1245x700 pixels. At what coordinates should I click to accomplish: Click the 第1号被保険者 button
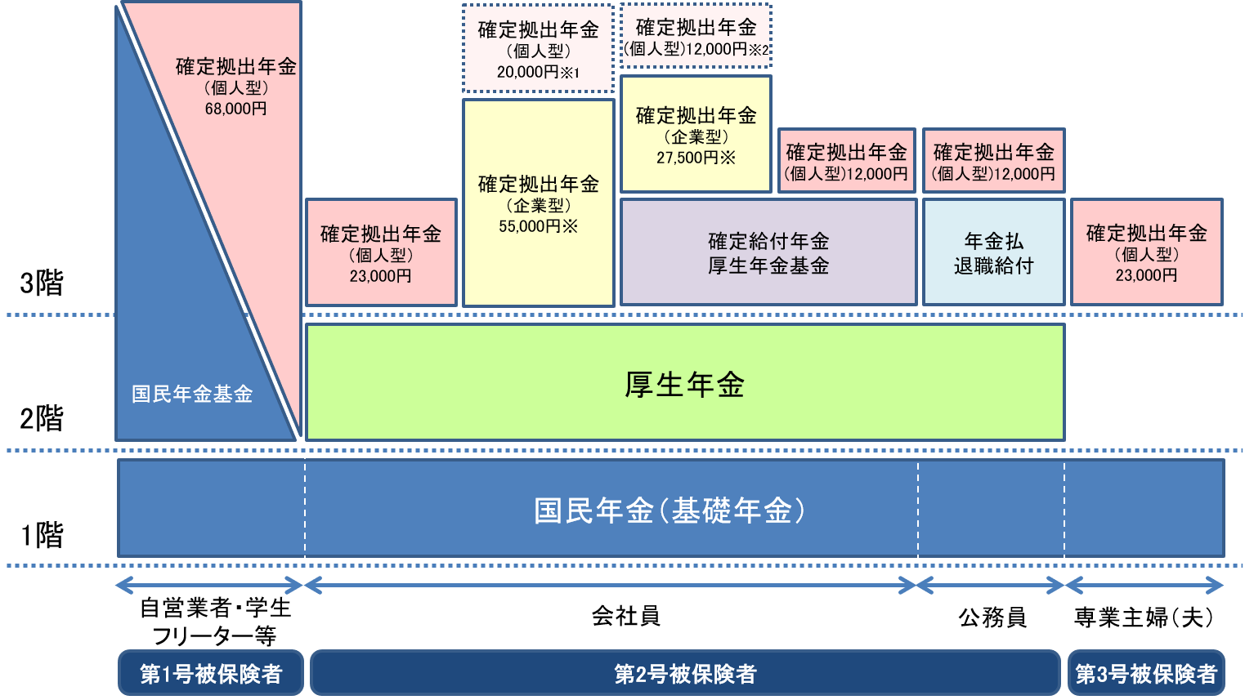tap(211, 673)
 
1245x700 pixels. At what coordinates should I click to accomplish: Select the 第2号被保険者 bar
tap(685, 673)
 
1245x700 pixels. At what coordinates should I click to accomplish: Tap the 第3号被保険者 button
tap(1146, 673)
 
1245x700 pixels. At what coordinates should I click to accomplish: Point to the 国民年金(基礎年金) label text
tap(670, 511)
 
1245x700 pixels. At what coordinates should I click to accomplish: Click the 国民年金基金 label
tap(192, 394)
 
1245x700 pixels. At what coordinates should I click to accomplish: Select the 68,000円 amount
tap(235, 109)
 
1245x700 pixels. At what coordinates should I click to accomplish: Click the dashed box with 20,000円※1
tap(538, 49)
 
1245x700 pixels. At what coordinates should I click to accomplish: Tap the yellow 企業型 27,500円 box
tap(696, 135)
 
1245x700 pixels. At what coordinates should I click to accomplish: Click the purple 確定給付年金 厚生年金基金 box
tap(768, 252)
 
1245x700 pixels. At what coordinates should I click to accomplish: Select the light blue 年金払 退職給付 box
tap(993, 252)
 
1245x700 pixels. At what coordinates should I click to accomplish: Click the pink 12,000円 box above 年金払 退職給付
tap(993, 161)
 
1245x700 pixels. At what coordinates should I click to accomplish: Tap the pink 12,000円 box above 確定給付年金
tap(846, 161)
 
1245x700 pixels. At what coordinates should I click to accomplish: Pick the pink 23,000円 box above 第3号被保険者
tap(1146, 252)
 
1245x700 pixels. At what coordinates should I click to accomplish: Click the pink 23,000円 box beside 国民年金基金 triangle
tap(381, 253)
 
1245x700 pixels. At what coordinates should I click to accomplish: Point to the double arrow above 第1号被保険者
tap(209, 585)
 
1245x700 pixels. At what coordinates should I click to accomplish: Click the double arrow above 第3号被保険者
tap(1144, 585)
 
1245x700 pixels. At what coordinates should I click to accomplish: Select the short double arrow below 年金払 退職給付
tap(991, 585)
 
